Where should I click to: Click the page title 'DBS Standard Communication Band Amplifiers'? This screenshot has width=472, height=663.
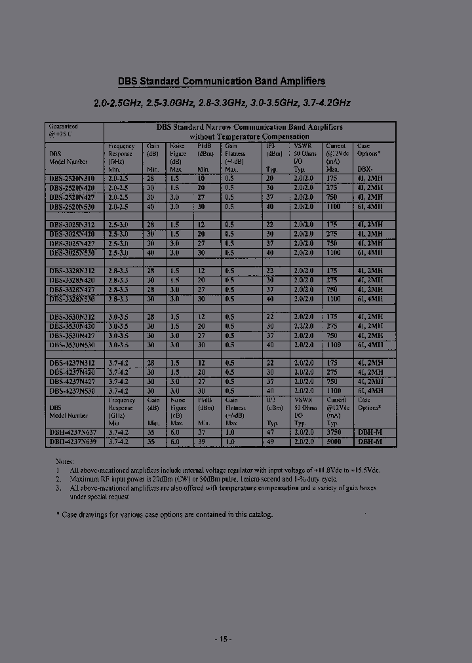[x=221, y=82]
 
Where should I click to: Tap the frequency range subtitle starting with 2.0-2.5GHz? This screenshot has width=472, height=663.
[x=222, y=103]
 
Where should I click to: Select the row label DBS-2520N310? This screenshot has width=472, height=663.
[x=71, y=178]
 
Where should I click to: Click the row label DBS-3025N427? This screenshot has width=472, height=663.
[x=71, y=243]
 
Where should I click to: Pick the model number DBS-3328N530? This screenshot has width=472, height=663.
[x=71, y=298]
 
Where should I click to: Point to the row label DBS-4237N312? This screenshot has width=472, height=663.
[x=71, y=363]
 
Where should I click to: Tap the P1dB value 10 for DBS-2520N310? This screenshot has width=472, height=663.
[x=201, y=178]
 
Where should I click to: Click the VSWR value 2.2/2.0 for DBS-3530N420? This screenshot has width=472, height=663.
[x=304, y=326]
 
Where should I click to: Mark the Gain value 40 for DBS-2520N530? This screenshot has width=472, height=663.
[x=150, y=206]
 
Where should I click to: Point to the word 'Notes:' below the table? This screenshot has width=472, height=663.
[x=65, y=461]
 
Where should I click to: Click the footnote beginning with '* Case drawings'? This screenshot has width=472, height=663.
[x=164, y=515]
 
